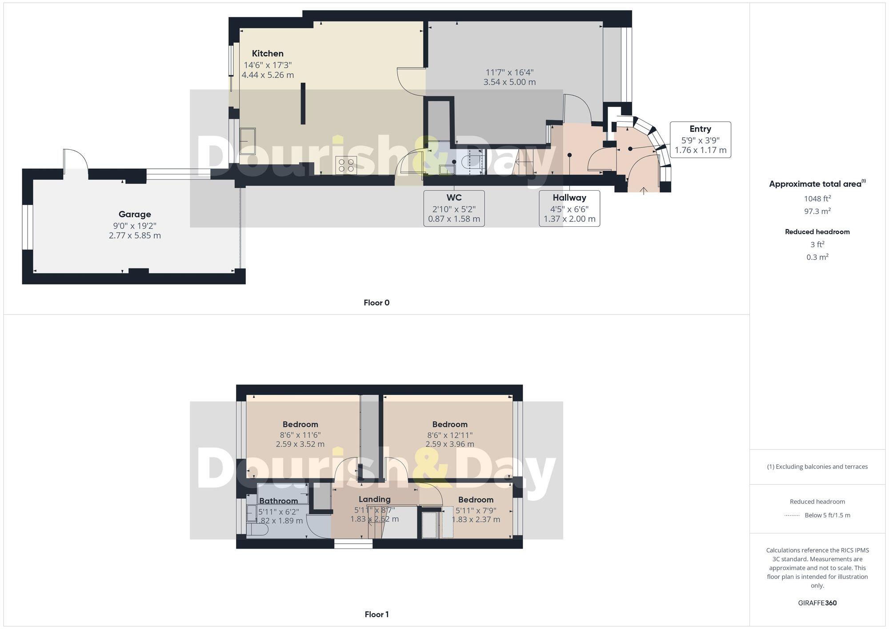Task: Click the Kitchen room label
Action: click(268, 54)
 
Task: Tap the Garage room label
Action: click(135, 214)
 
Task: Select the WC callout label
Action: click(454, 198)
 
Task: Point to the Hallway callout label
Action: click(569, 198)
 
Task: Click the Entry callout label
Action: click(700, 129)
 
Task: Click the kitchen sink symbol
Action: click(248, 140)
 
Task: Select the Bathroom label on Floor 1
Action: click(278, 501)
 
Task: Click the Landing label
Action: click(375, 499)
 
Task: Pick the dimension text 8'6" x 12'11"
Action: click(450, 435)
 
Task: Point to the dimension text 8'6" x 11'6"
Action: click(300, 435)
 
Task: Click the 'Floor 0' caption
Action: click(376, 303)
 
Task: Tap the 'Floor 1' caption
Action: click(376, 614)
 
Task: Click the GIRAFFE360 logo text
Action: click(817, 603)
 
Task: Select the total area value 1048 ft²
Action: click(817, 199)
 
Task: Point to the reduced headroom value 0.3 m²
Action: click(817, 257)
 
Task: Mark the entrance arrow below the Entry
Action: click(643, 191)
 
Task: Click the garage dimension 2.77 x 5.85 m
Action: click(135, 236)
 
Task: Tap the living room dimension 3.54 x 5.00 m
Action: click(509, 82)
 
